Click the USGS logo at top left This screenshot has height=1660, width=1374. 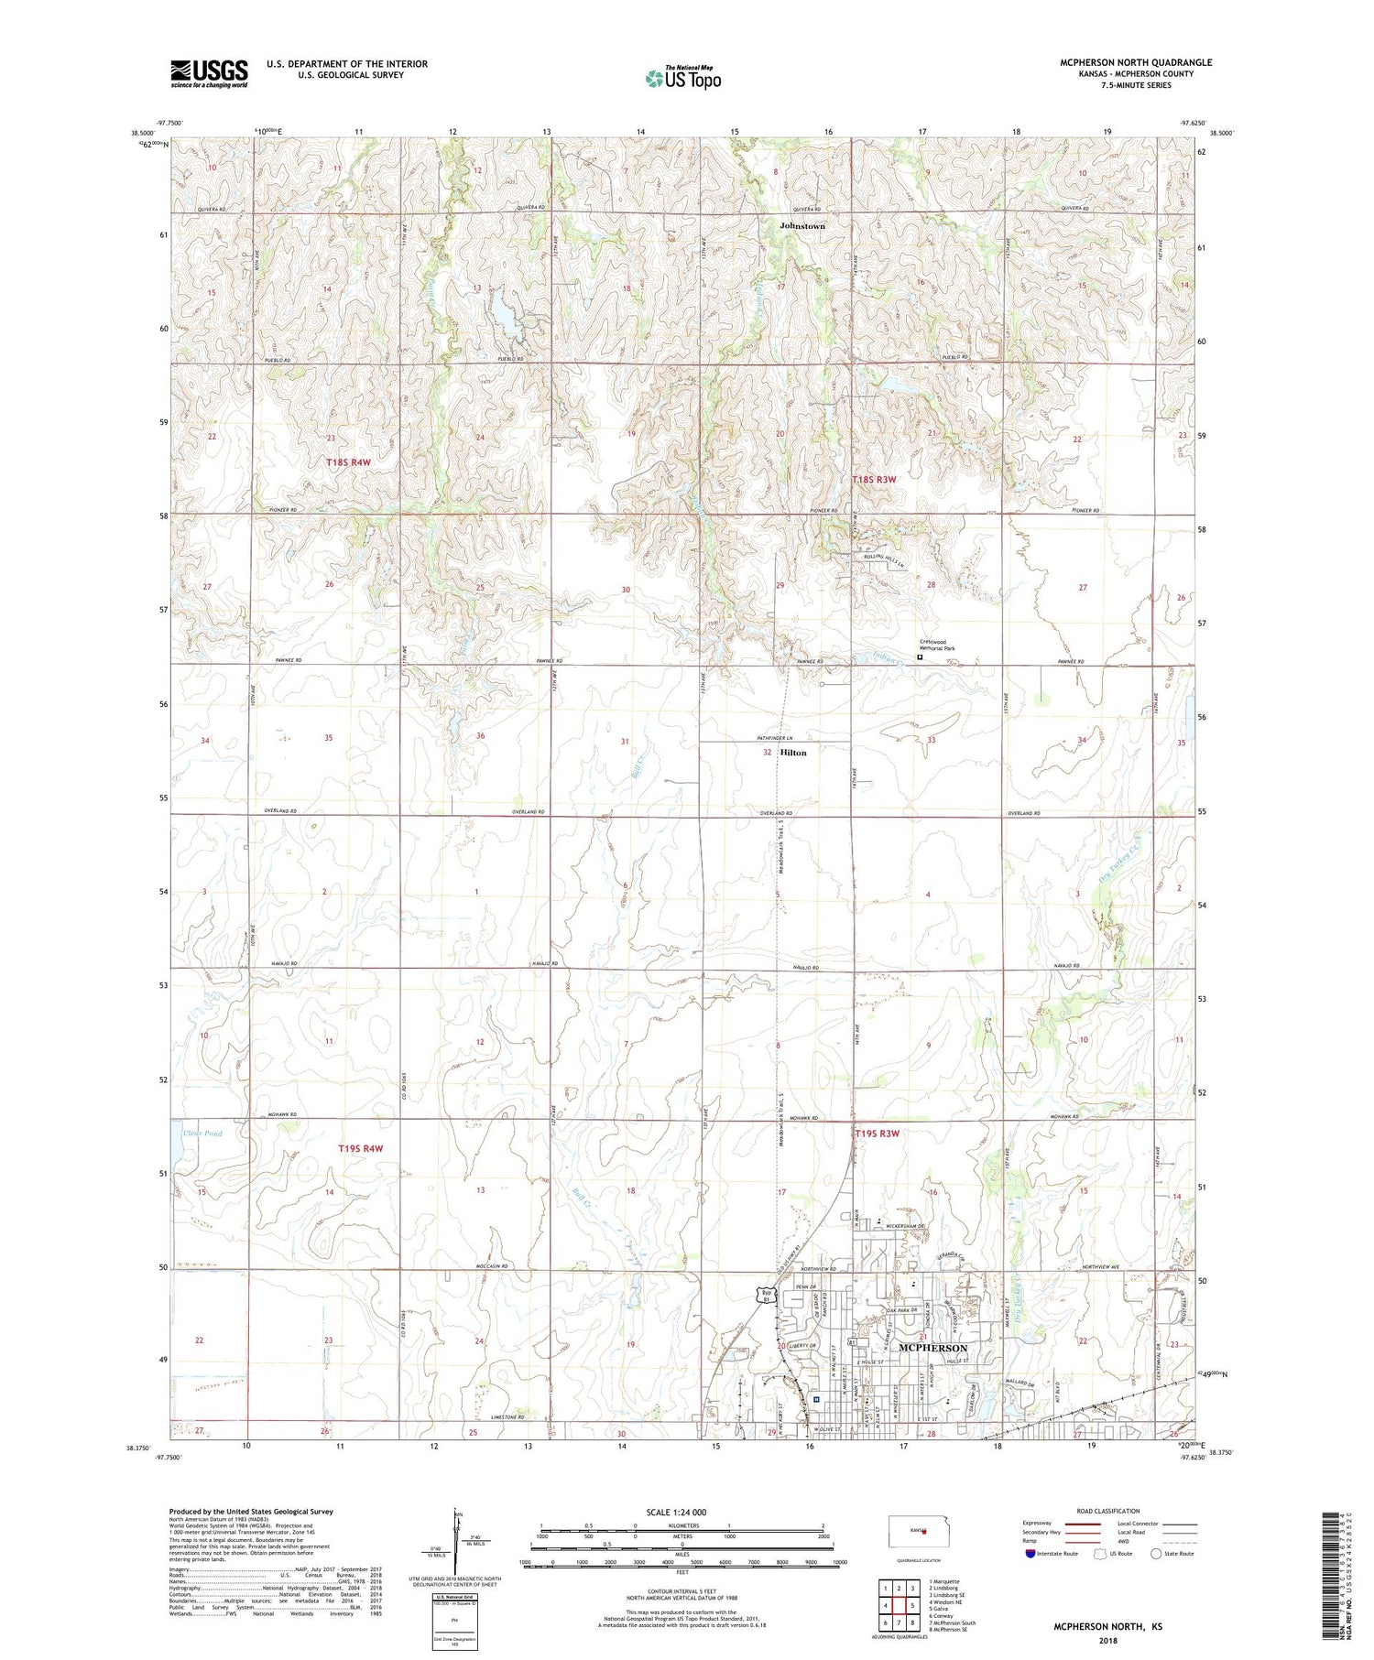209,73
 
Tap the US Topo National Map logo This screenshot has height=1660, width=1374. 683,78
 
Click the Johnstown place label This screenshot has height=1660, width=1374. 801,225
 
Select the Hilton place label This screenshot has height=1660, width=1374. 793,753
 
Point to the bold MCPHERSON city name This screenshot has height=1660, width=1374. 932,1349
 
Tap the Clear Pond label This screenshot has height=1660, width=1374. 202,1134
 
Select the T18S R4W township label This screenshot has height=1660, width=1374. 348,462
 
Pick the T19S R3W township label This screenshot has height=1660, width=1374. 878,1134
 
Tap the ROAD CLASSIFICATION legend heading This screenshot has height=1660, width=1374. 1108,1511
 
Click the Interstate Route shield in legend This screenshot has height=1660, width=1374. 1030,1554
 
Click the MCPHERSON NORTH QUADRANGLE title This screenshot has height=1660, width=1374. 1136,62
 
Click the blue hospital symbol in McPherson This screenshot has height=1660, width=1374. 815,1398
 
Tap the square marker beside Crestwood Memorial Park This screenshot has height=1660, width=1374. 920,656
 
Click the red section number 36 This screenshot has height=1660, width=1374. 480,736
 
